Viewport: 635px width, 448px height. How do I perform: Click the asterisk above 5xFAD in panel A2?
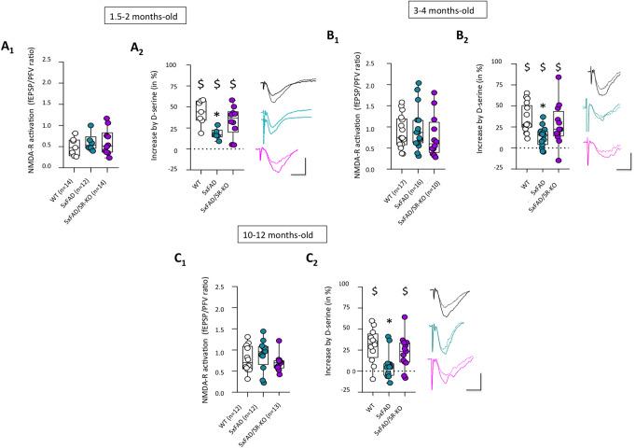216,116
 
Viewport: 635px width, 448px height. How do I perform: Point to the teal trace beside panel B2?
595,114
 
